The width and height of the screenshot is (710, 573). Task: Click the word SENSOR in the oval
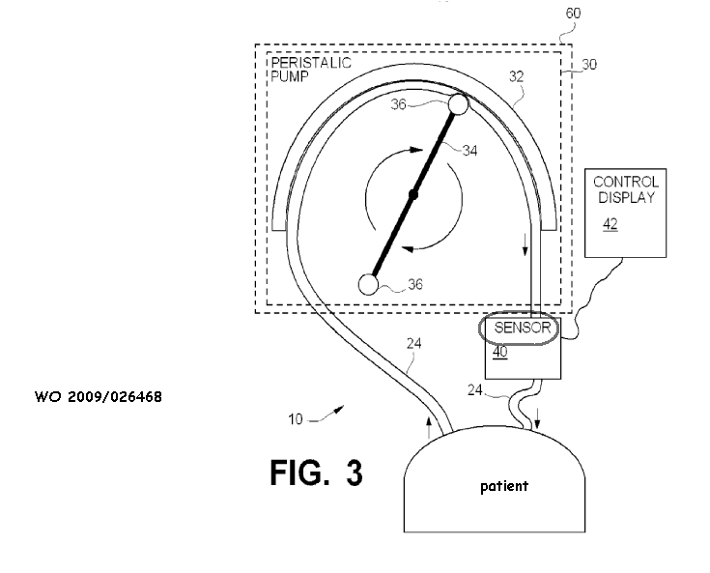pyautogui.click(x=522, y=328)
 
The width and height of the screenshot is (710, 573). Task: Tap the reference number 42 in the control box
pyautogui.click(x=611, y=224)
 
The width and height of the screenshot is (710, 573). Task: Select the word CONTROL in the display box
pyautogui.click(x=625, y=182)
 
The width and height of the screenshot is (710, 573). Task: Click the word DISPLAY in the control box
pyautogui.click(x=625, y=198)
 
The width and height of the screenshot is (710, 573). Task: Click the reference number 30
pyautogui.click(x=590, y=66)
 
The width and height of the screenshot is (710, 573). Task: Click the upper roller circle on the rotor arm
pyautogui.click(x=458, y=104)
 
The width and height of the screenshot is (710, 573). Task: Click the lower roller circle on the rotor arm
pyautogui.click(x=367, y=284)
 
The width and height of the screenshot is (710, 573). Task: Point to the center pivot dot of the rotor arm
pyautogui.click(x=412, y=195)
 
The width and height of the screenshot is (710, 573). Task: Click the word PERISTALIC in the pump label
pyautogui.click(x=311, y=63)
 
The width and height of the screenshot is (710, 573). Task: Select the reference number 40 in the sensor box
pyautogui.click(x=499, y=353)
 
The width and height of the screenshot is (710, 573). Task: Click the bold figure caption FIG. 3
pyautogui.click(x=316, y=473)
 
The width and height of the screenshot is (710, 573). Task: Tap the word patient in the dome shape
pyautogui.click(x=503, y=486)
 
